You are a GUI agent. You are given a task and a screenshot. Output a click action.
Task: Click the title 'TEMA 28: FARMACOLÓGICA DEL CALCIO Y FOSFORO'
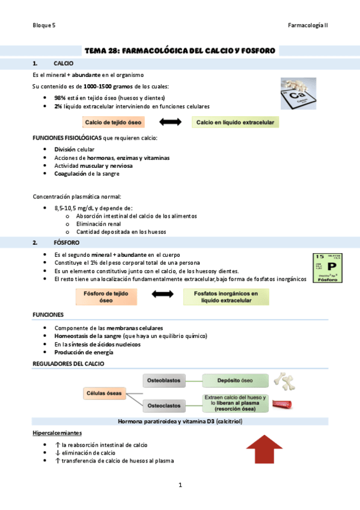[x=180, y=51]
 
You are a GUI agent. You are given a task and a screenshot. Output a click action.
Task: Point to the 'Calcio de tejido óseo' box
[x=113, y=123]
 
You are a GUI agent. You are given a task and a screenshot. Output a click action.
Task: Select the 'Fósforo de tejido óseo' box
[x=106, y=296]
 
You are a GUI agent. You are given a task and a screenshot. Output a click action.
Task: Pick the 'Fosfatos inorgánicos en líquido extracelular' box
[x=226, y=296]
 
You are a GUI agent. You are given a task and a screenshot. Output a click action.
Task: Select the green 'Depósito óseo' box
[x=235, y=380]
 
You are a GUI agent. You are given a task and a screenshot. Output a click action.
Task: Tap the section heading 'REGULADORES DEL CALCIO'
[x=68, y=364]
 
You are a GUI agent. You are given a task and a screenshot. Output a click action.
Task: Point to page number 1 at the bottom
[x=180, y=485]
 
